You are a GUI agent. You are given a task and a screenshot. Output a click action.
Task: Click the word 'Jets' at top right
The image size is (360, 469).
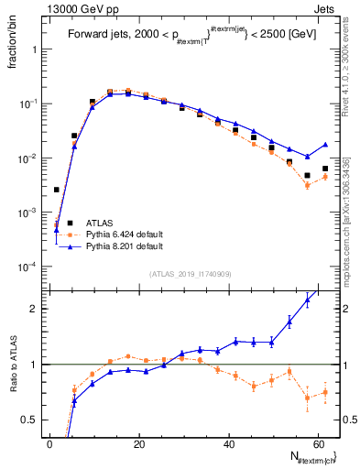click(x=327, y=8)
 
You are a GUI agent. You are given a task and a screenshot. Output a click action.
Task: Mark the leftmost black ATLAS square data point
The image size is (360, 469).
click(x=56, y=190)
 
